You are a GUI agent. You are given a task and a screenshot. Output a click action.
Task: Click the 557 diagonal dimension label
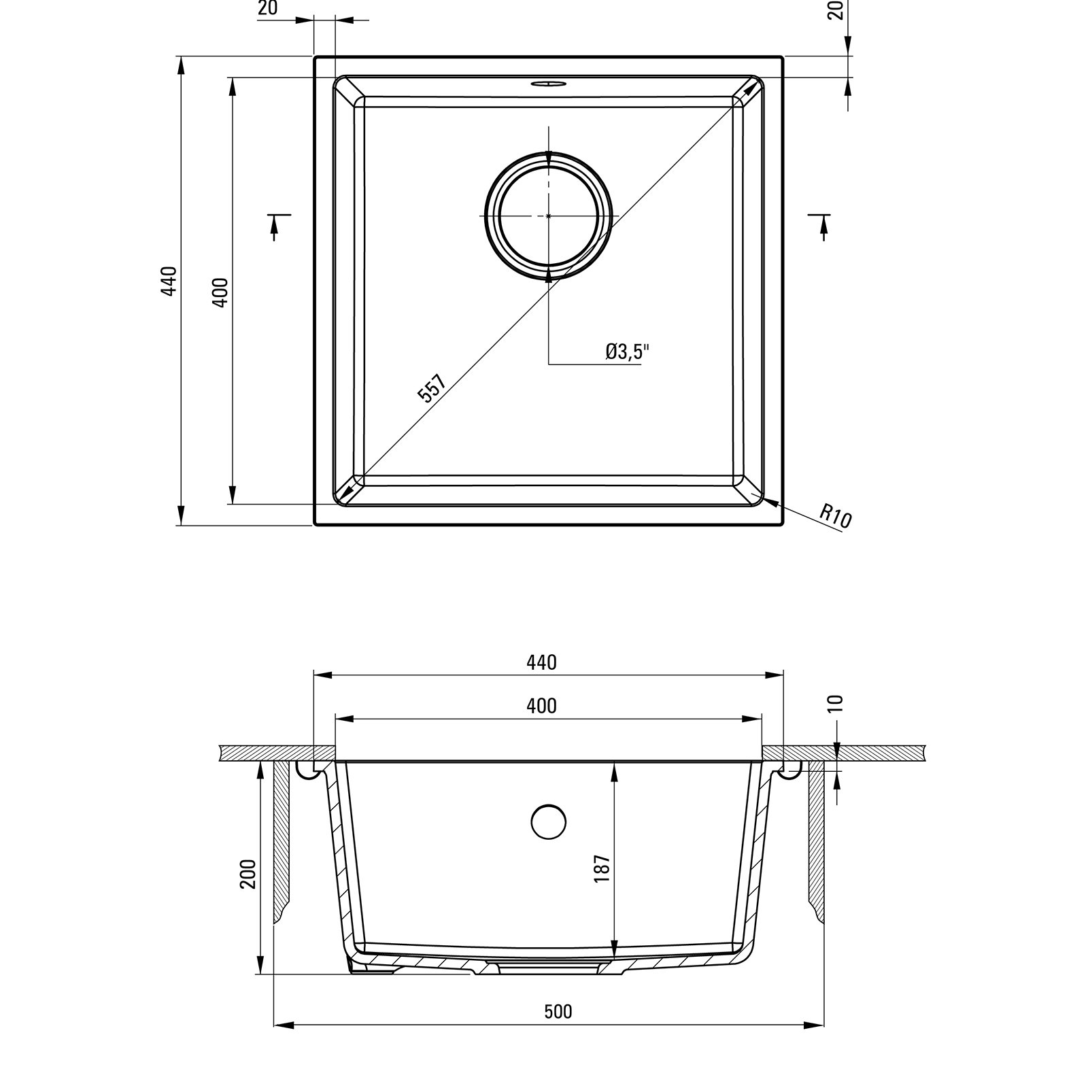[x=432, y=389]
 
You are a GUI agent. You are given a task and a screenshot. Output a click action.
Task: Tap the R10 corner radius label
[x=835, y=515]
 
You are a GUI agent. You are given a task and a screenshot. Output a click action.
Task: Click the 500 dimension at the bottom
[x=558, y=1012]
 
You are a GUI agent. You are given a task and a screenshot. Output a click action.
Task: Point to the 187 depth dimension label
[x=602, y=868]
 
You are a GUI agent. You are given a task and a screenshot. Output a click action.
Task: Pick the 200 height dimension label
[x=248, y=874]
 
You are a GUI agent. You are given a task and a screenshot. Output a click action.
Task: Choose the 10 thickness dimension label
[x=836, y=703]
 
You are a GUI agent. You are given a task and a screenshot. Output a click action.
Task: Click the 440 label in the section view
[x=541, y=662]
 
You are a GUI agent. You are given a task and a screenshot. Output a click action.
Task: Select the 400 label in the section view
[x=541, y=707]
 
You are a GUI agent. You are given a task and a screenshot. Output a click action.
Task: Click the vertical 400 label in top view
[x=220, y=292]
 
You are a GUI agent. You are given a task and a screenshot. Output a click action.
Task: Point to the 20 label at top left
[x=268, y=9]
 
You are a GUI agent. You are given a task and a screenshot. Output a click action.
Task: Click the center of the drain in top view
[x=549, y=216]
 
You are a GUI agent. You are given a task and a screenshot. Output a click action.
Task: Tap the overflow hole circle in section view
[x=548, y=821]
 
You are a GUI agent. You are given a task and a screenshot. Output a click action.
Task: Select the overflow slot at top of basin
[x=548, y=84]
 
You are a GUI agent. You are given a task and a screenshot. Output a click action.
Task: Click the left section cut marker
[x=276, y=224]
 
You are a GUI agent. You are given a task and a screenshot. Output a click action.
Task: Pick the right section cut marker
[x=822, y=224]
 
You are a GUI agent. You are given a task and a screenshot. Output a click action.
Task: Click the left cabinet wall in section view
[x=282, y=840]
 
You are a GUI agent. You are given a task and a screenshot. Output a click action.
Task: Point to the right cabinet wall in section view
[x=816, y=840]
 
